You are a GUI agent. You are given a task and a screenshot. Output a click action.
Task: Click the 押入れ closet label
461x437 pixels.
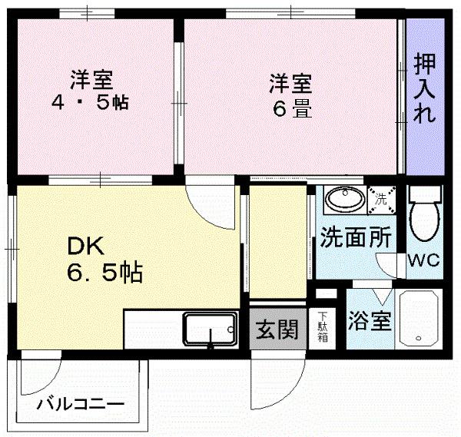(x=425, y=89)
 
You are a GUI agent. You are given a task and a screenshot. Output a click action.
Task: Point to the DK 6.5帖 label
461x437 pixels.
(x=104, y=260)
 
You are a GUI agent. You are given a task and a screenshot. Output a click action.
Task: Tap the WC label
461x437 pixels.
(x=423, y=260)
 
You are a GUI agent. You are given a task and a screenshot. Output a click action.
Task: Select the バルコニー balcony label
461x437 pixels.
(x=80, y=404)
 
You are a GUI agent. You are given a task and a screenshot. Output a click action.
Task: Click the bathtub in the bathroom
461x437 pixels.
(x=419, y=319)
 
